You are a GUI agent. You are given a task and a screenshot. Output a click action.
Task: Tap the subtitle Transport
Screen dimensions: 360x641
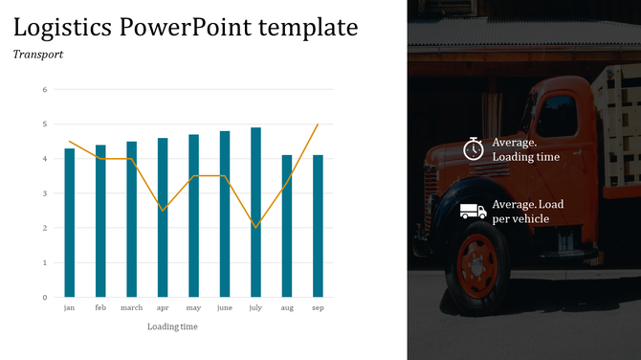38,55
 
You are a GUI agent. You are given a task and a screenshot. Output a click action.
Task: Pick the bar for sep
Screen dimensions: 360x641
319,226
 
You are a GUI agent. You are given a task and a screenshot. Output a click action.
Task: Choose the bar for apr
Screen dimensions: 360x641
163,217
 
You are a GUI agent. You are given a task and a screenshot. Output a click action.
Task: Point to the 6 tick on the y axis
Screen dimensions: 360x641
44,90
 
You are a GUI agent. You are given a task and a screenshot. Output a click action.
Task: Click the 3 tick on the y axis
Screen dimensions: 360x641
44,193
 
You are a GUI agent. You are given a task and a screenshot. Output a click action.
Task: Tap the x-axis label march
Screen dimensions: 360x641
131,308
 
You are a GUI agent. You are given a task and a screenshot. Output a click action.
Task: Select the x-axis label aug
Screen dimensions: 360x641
287,308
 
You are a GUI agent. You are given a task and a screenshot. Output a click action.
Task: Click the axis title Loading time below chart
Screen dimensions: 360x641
173,326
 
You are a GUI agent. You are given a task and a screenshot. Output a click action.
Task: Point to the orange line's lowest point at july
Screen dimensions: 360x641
256,228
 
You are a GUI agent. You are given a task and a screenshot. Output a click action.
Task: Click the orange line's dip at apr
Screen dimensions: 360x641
163,211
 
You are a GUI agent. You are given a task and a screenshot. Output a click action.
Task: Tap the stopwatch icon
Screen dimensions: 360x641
474,148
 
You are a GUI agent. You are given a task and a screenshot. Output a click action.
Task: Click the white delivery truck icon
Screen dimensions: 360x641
473,211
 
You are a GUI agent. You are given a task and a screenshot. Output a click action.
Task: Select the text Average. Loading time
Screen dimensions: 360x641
525,149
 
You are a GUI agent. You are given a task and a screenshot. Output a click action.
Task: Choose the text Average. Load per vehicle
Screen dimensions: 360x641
527,212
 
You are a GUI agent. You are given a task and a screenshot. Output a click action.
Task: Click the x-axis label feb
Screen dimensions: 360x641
100,308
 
